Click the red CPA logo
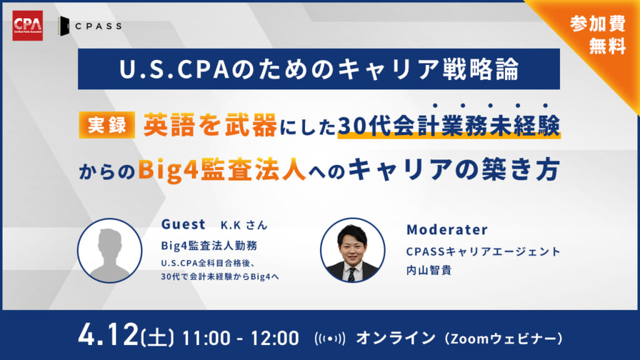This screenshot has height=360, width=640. [27, 26]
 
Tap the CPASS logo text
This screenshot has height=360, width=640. [98, 26]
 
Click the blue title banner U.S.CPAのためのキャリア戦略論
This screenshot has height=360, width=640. [319, 69]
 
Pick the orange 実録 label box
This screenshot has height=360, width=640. [107, 125]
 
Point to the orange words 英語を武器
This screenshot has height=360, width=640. [210, 125]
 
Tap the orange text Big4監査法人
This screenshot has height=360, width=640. [222, 169]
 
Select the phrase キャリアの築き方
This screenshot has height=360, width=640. [454, 169]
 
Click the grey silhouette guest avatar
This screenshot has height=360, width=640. [110, 251]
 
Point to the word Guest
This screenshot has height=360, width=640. [183, 224]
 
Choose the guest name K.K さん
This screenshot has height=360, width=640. [244, 225]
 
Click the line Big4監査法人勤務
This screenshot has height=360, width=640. [209, 245]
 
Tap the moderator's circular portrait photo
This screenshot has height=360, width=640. [352, 250]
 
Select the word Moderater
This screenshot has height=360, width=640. [447, 229]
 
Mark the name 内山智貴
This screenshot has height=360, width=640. [429, 270]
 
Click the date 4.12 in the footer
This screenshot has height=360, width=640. [109, 335]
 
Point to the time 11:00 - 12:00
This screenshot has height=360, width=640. [241, 338]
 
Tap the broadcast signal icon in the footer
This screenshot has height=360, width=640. [330, 338]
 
